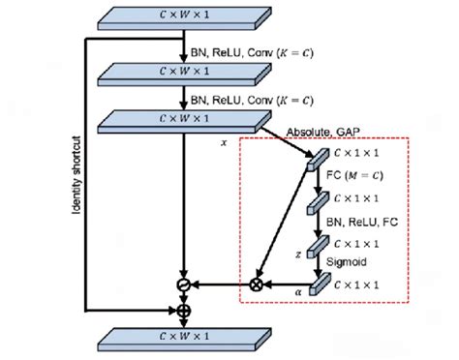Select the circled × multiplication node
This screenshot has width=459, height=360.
(258, 285)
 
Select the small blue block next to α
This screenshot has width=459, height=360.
(314, 285)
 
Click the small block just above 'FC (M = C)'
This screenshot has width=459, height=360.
(314, 159)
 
